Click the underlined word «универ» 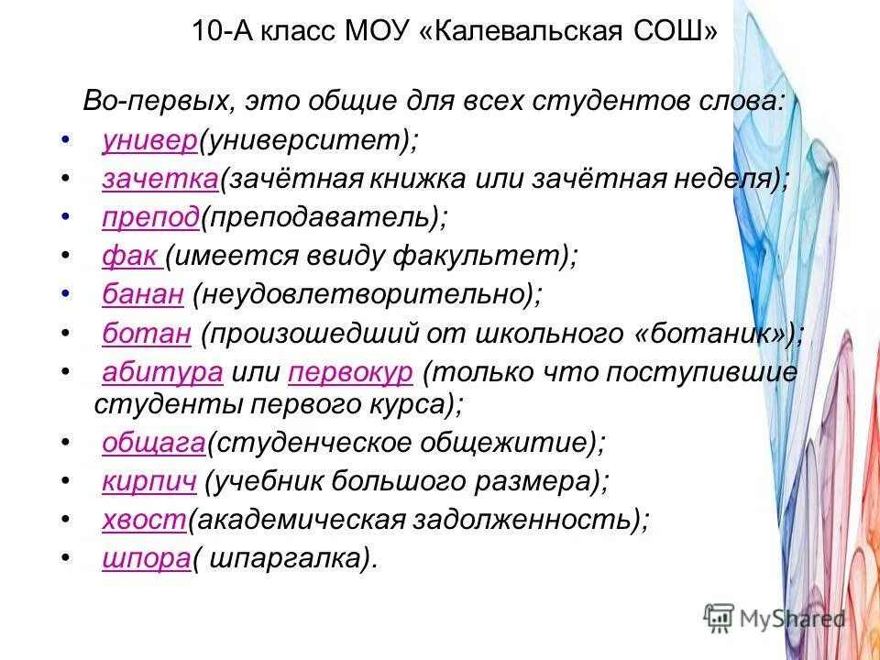150,141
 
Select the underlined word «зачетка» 159,180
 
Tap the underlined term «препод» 150,218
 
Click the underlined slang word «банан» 144,295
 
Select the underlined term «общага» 153,443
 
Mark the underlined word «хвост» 145,520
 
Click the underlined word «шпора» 146,558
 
